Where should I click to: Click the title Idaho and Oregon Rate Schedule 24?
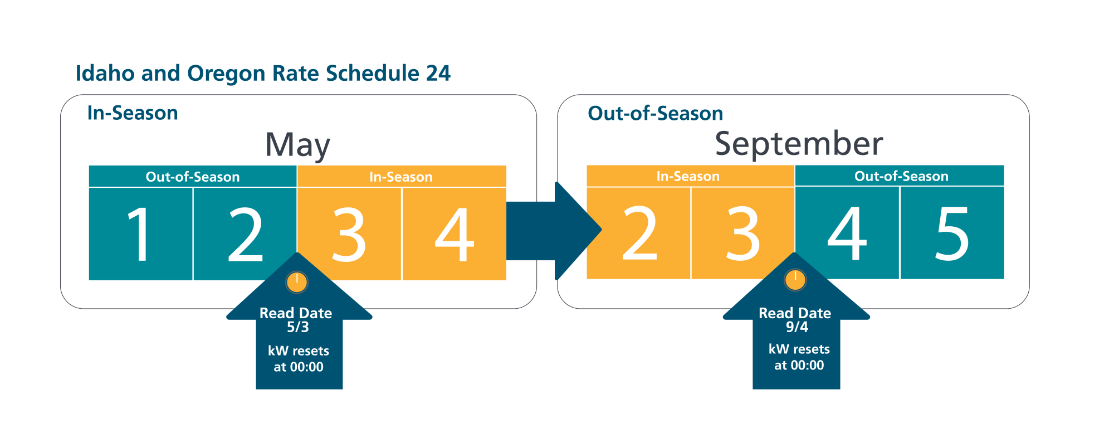pos(263,74)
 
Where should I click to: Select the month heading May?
pos(297,145)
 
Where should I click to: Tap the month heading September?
pos(799,144)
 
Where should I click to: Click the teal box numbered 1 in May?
pos(140,234)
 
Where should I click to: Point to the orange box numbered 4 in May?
pos(454,234)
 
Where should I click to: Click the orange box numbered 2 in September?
pos(638,233)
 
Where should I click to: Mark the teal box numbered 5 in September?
pos(952,233)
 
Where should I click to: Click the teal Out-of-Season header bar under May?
pos(193,177)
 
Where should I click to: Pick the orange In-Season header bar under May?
pos(402,177)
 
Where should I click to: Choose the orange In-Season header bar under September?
pos(691,176)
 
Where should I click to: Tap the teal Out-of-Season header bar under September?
pos(900,176)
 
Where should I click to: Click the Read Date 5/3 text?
pos(296,320)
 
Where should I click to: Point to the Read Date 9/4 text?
pos(795,320)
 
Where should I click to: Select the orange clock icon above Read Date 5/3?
pos(297,282)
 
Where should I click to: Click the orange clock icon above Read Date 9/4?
pos(795,280)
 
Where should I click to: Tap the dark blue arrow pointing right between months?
pos(554,231)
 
